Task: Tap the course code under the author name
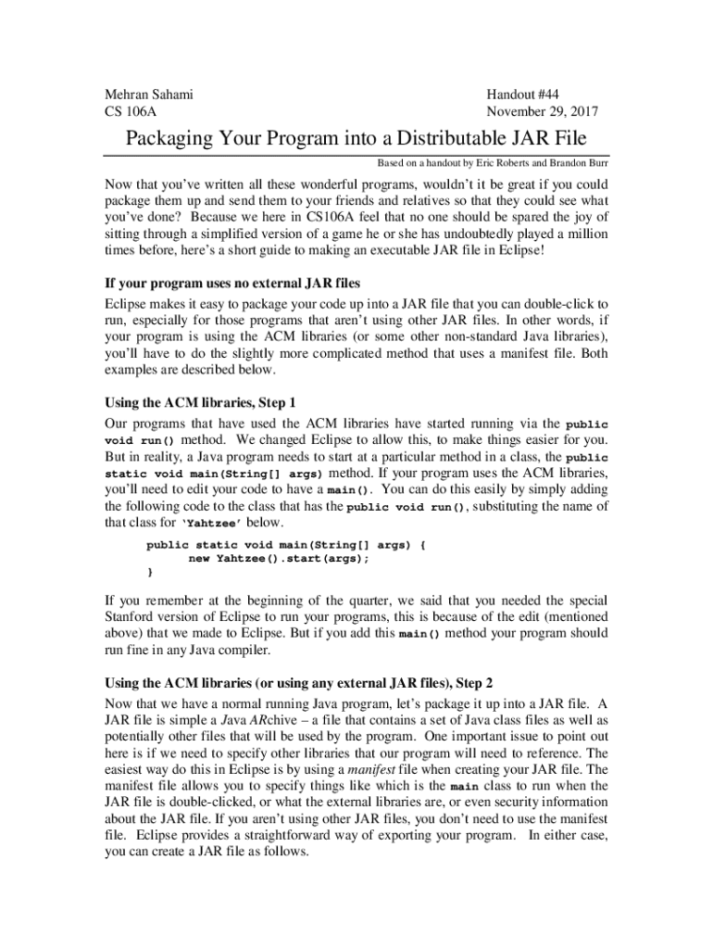point(130,112)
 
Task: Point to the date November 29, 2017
point(542,112)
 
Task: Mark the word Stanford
point(133,617)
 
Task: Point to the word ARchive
point(283,720)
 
